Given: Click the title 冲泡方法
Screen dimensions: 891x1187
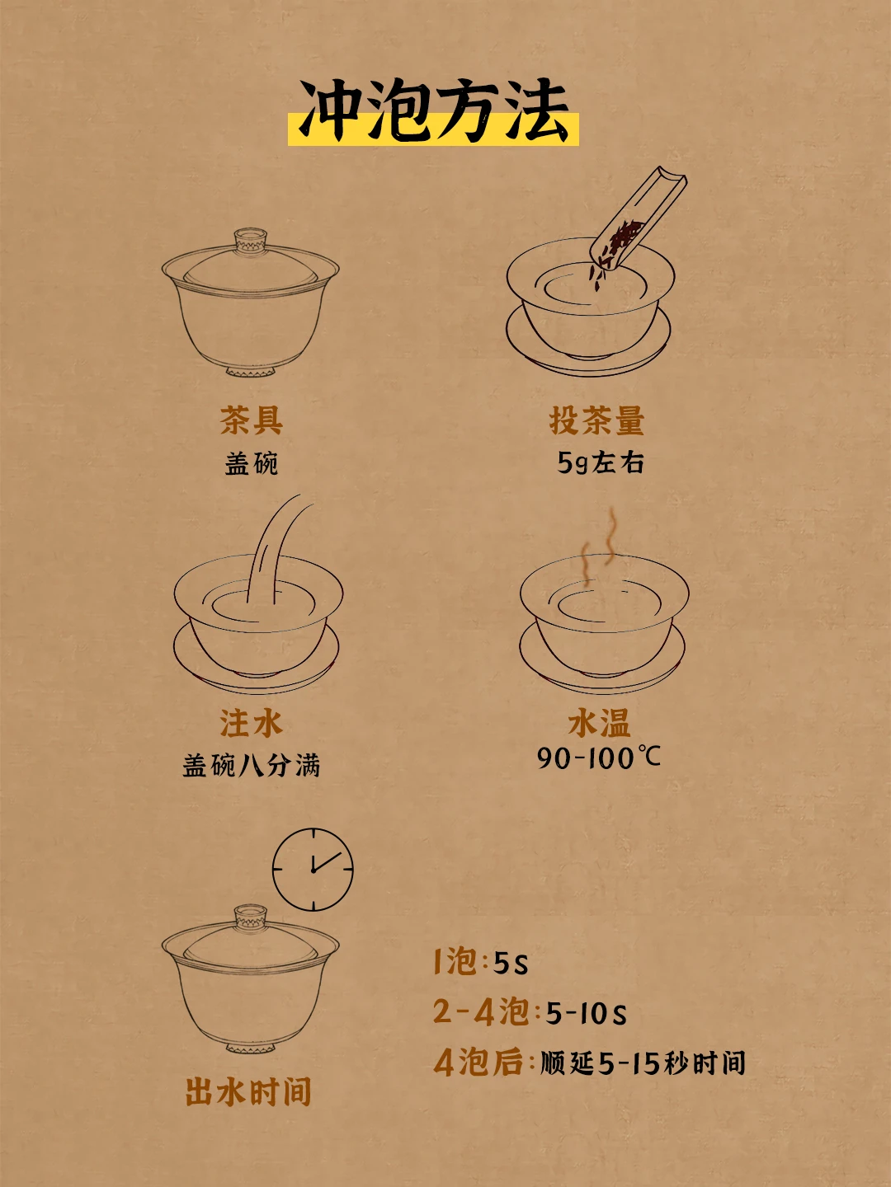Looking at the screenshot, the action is (x=433, y=111).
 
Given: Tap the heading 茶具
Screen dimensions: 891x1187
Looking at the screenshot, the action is (x=251, y=420).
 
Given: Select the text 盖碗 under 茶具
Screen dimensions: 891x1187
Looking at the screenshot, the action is (x=251, y=463).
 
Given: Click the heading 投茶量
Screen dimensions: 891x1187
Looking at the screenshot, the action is (x=596, y=420).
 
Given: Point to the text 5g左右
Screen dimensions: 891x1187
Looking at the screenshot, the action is (x=601, y=463).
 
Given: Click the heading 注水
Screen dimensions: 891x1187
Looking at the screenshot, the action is (x=251, y=723).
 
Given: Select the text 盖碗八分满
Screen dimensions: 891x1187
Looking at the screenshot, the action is (x=251, y=765).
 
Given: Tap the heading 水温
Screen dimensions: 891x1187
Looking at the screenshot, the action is (x=599, y=723).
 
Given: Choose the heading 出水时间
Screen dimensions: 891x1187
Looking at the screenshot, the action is (x=248, y=1091).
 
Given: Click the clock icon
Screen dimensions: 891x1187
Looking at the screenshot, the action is (x=313, y=870).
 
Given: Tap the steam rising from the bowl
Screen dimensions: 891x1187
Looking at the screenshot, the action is (x=600, y=547).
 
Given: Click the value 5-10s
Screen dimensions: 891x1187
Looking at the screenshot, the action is (x=586, y=1012).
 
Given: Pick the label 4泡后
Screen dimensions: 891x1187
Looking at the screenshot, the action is (x=478, y=1062).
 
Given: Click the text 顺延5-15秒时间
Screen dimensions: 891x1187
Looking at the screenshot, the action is (x=643, y=1062).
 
